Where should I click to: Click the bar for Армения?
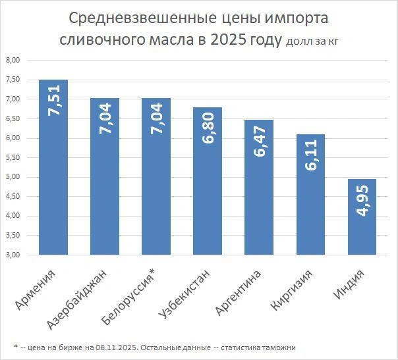click(53, 167)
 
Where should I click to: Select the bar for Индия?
click(362, 217)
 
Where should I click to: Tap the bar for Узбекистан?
click(208, 181)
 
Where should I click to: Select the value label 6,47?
click(260, 141)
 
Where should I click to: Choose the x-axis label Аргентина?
click(239, 293)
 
